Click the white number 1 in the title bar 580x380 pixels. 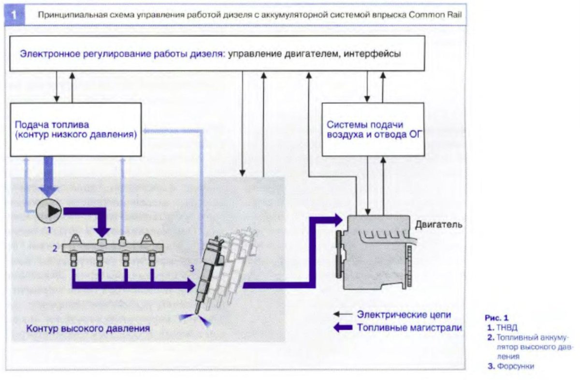coord(15,15)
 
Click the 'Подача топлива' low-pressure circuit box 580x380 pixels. coord(75,129)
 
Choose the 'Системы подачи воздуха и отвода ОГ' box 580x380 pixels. coord(373,129)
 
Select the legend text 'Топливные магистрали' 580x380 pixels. coord(409,327)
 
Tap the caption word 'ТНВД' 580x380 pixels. coord(504,327)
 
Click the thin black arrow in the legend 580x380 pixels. coord(343,315)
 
